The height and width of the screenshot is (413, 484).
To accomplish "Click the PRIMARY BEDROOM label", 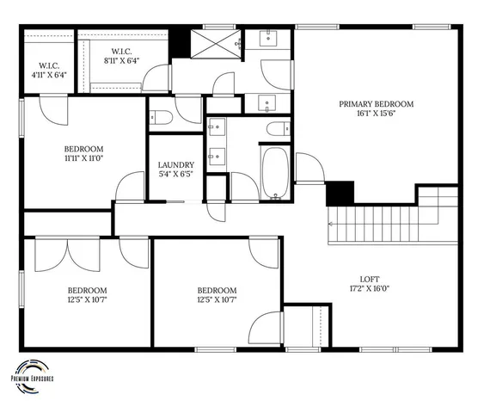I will pyautogui.click(x=376, y=104).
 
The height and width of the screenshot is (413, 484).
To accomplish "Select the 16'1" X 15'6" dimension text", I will pyautogui.click(x=376, y=115).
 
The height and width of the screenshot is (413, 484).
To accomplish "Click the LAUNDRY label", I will pyautogui.click(x=175, y=165).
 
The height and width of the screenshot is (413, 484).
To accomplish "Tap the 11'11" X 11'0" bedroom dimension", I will pyautogui.click(x=83, y=158).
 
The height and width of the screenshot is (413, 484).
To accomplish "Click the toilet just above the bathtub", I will pyautogui.click(x=278, y=129).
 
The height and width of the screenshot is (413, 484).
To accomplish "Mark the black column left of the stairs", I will pyautogui.click(x=341, y=193).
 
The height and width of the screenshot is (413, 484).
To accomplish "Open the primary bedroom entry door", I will pyautogui.click(x=308, y=169).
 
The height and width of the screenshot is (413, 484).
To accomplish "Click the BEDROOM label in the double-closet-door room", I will pyautogui.click(x=87, y=290).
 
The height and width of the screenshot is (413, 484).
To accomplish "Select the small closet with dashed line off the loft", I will pyautogui.click(x=308, y=327).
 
